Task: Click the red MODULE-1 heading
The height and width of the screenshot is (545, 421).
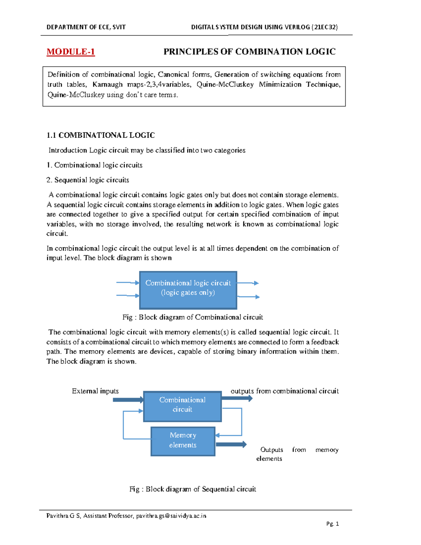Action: tap(71, 52)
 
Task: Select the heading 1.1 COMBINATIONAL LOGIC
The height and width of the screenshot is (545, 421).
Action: tap(100, 135)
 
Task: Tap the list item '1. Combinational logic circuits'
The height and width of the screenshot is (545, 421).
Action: tap(94, 165)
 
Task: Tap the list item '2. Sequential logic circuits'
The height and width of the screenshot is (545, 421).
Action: tap(88, 180)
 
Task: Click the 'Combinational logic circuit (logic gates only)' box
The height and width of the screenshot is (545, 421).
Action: tap(188, 290)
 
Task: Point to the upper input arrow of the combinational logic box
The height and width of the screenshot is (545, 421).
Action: tap(128, 283)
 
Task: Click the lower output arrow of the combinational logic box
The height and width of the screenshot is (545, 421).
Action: tap(248, 297)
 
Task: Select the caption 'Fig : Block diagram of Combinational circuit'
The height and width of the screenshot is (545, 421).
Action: tap(193, 317)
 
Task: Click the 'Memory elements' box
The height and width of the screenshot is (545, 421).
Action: tap(183, 441)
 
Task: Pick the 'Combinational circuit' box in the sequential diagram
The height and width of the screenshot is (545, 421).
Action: tap(182, 406)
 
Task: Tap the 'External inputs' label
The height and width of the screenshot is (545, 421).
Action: tap(95, 391)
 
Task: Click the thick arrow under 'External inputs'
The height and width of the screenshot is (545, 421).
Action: tap(128, 400)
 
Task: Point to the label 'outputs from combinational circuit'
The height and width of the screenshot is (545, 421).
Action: tap(285, 391)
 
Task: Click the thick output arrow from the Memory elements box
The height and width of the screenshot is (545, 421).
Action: tap(231, 444)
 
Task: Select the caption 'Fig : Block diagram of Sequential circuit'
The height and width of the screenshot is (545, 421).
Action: tap(193, 489)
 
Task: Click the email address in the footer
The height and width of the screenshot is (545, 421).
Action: tap(171, 516)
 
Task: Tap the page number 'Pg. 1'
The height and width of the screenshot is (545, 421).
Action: tap(332, 524)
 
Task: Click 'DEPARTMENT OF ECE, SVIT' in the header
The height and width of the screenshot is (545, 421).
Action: tap(86, 27)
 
